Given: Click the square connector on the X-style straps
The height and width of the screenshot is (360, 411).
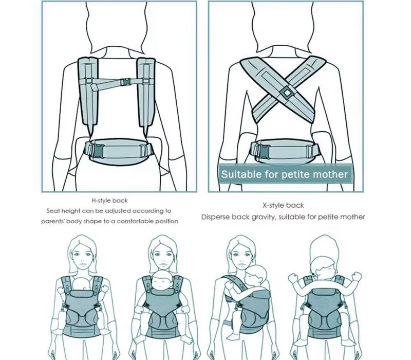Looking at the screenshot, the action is [x=287, y=93].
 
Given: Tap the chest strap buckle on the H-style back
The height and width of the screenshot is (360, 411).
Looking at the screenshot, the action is [x=125, y=81].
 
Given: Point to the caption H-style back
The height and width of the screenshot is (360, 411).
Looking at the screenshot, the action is [x=109, y=201].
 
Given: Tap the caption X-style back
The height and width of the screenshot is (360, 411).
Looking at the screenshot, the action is [x=283, y=205].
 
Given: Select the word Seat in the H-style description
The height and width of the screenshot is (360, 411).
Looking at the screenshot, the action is [x=53, y=211].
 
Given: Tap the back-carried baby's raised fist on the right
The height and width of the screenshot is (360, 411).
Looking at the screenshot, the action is [x=356, y=276].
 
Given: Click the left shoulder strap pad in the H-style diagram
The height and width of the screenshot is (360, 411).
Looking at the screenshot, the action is [x=88, y=91].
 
